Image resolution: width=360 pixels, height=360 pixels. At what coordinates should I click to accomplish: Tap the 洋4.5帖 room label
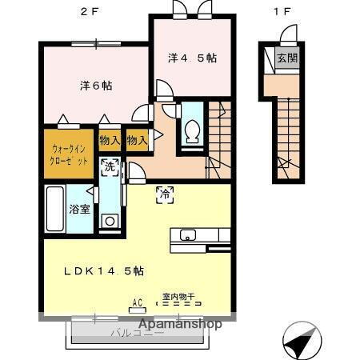pos(192,58)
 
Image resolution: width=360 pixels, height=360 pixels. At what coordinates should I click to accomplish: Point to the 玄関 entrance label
pos(286,58)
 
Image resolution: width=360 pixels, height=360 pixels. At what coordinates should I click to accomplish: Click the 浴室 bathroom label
pos(78,210)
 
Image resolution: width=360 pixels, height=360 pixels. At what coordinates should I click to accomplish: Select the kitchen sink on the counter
pos(189,235)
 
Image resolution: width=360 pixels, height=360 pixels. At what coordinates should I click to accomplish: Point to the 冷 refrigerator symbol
pos(165,193)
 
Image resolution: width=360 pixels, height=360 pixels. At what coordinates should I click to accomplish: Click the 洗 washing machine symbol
pos(110,167)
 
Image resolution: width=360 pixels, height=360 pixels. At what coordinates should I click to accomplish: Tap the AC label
pos(137,303)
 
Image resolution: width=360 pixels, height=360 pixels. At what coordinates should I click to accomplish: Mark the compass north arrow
pos(299,342)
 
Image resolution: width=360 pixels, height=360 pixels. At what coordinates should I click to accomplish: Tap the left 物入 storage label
pos(110,141)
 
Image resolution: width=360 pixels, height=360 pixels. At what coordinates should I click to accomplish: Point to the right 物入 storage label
pos(137,141)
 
